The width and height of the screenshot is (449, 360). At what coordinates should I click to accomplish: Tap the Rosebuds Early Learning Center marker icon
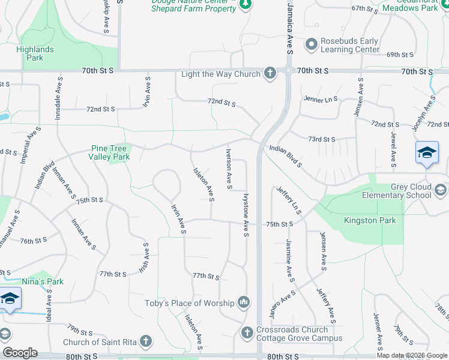[311, 45]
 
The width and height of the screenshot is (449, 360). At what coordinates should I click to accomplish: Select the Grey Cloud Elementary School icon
[440, 191]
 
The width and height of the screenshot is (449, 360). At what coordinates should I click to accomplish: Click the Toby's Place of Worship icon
[244, 302]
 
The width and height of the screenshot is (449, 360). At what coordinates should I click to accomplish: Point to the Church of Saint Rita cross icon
[145, 343]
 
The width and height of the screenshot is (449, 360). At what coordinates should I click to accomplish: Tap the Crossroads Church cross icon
[247, 332]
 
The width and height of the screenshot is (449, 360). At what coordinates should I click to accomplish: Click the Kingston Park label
[370, 221]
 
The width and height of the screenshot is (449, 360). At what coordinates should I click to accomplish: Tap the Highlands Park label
[35, 53]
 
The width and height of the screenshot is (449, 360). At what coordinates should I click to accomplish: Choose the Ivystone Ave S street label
[246, 214]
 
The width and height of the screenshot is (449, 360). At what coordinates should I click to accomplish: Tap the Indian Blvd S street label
[285, 155]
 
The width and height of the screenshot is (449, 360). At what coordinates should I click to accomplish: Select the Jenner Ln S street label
[321, 99]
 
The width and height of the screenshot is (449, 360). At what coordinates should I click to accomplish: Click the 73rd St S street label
[322, 139]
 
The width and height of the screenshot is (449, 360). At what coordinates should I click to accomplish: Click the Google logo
[20, 353]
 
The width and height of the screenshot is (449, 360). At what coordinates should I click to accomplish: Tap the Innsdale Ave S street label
[58, 98]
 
